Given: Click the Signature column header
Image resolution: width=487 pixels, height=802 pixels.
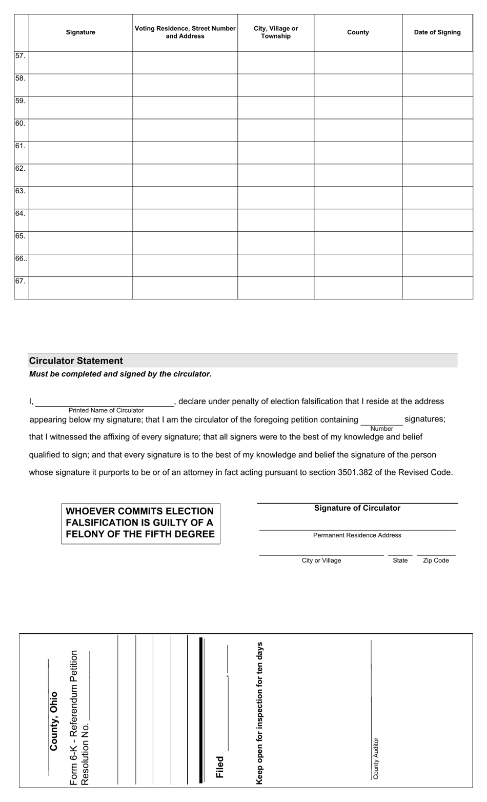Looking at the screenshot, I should coord(80,32).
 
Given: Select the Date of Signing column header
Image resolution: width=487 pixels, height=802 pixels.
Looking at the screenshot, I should coord(437,32).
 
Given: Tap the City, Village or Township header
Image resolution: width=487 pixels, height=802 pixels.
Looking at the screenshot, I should coord(276,32).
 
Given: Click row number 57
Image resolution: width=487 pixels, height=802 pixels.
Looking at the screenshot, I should coord(21,56).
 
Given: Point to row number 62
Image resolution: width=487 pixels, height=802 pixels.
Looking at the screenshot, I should coord(21,169).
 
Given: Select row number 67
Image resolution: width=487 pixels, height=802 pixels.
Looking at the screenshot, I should coord(21,282).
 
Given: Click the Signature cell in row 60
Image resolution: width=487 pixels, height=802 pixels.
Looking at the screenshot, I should coord(80,130).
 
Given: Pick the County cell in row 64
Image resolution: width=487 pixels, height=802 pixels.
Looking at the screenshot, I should coord(358,220).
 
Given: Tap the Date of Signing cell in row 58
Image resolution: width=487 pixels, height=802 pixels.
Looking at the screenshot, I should coord(437,85).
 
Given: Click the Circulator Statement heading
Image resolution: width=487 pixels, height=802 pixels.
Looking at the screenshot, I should coord(76,361).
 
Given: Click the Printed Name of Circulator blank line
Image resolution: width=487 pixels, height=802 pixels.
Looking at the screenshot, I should coord(105,403).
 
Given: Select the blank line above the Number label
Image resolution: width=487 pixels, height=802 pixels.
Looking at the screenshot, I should coord(381,423).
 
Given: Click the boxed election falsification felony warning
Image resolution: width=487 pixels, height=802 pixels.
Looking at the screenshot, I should coord(140,523).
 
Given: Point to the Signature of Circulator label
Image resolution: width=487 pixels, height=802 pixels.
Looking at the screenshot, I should coord(357,508).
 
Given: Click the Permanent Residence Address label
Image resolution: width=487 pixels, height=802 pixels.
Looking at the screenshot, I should coord(357,535).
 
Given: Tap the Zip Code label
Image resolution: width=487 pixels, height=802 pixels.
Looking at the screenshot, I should coord(436,560).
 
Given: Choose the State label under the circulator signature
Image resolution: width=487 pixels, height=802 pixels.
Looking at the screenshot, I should coord(400,560).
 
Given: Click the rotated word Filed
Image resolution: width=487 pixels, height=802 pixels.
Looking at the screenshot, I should coord(220,767).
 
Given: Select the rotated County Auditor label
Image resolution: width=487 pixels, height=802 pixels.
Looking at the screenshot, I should coord(376,758).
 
